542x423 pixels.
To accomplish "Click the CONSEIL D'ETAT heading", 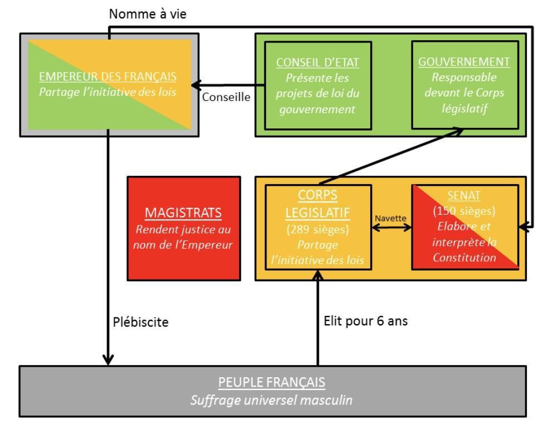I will click(x=318, y=62).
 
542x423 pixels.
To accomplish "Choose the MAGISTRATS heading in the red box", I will click(x=184, y=213).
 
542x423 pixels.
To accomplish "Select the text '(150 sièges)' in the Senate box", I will click(x=464, y=213).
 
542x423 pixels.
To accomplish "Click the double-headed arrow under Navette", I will click(x=391, y=228).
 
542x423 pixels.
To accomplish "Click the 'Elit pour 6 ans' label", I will click(x=365, y=322).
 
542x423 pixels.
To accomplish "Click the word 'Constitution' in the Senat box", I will click(x=464, y=257).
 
